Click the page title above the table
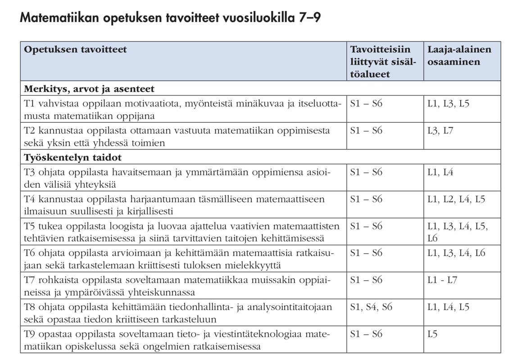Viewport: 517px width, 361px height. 170,19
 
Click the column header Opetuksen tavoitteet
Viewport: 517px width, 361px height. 75,50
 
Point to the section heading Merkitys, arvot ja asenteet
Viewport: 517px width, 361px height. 89,88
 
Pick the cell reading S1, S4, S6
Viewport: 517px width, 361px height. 371,307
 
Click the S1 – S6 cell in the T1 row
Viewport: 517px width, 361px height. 366,103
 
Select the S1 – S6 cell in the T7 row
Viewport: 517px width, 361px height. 366,280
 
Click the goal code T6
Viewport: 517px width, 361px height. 30,253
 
